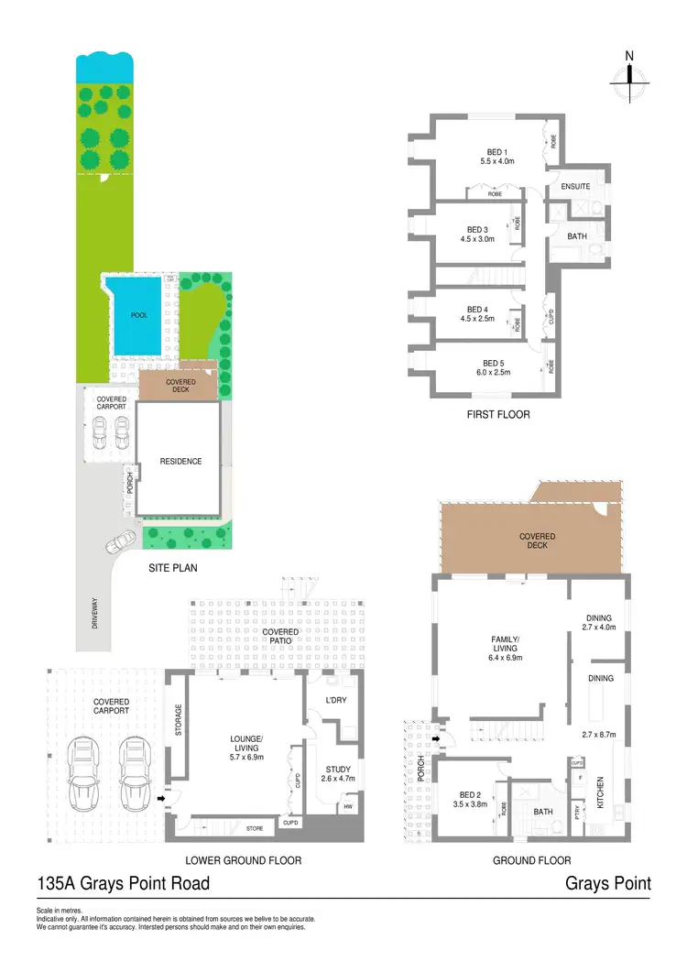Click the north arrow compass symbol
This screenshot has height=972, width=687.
click(x=629, y=81)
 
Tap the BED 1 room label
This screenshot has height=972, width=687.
click(x=499, y=152)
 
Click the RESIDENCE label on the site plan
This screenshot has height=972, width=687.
click(x=180, y=462)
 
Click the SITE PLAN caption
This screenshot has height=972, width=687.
click(x=173, y=568)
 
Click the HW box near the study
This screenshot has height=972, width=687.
click(x=349, y=807)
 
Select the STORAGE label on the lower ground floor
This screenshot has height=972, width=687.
click(x=179, y=720)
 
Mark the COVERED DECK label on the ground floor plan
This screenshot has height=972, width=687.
click(x=537, y=541)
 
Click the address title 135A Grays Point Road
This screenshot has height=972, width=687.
click(x=123, y=883)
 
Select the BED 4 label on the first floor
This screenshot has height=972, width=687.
click(x=477, y=310)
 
